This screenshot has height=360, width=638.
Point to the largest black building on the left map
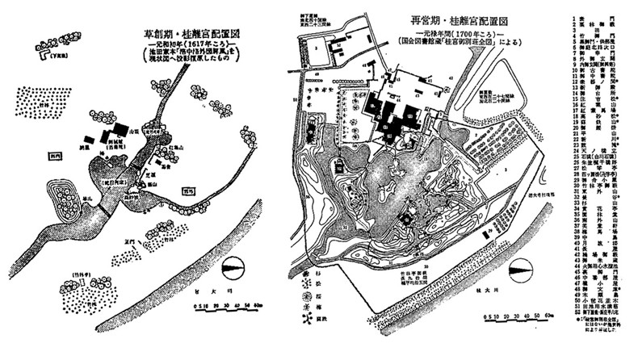[119, 131]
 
